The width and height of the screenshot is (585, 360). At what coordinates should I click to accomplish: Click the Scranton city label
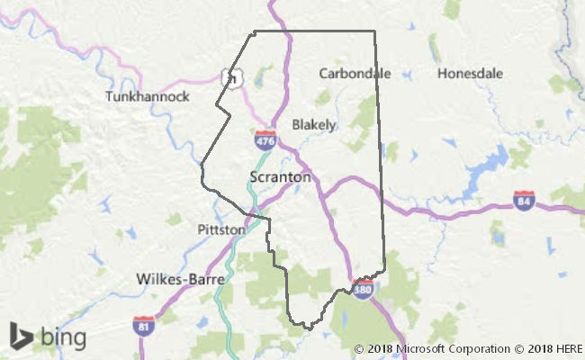tap(281, 177)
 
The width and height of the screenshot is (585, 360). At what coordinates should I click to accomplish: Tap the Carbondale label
tap(355, 73)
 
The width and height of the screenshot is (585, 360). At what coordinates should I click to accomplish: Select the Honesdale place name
tap(468, 73)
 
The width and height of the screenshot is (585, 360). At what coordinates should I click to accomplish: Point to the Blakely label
tap(314, 124)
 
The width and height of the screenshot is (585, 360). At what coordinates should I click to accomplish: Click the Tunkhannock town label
tap(147, 95)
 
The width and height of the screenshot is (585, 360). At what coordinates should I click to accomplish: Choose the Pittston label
tap(221, 229)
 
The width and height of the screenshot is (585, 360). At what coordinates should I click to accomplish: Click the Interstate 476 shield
tap(265, 140)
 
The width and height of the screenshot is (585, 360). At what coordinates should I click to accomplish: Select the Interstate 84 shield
tap(525, 201)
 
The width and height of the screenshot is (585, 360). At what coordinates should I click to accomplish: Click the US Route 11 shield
tap(233, 77)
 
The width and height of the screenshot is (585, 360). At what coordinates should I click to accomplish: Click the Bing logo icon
tap(21, 336)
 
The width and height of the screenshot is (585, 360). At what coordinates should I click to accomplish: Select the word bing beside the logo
tap(61, 337)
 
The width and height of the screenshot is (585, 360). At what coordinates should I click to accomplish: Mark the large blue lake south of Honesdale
tap(487, 165)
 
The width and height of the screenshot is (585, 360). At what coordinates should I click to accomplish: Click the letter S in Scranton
tap(254, 177)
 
